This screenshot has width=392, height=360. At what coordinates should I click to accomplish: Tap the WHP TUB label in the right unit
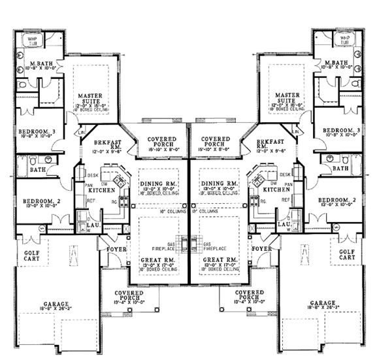pos(344,41)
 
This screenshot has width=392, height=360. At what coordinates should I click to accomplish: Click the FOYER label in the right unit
pos(261,249)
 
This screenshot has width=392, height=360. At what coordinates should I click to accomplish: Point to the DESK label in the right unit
pos(285,174)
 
